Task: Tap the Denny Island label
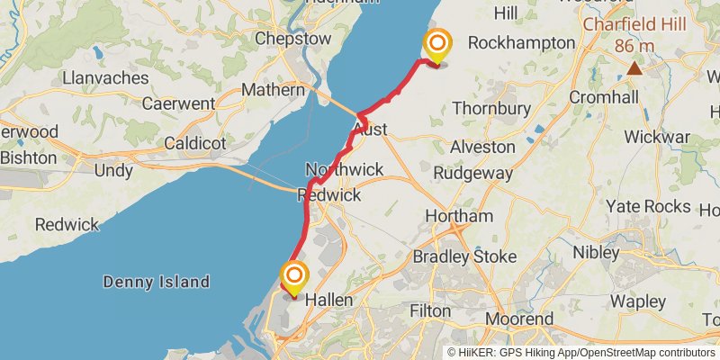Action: click(x=157, y=282)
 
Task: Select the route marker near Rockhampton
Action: click(x=437, y=44)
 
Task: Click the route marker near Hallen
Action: click(x=293, y=275)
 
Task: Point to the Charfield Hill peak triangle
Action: click(x=635, y=67)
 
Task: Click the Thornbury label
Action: click(x=490, y=108)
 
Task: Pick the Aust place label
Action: click(x=371, y=130)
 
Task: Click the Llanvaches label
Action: click(x=105, y=78)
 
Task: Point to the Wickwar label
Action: click(x=657, y=137)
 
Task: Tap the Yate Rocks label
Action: click(x=649, y=205)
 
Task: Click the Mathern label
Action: click(x=274, y=90)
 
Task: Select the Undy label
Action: click(x=113, y=170)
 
